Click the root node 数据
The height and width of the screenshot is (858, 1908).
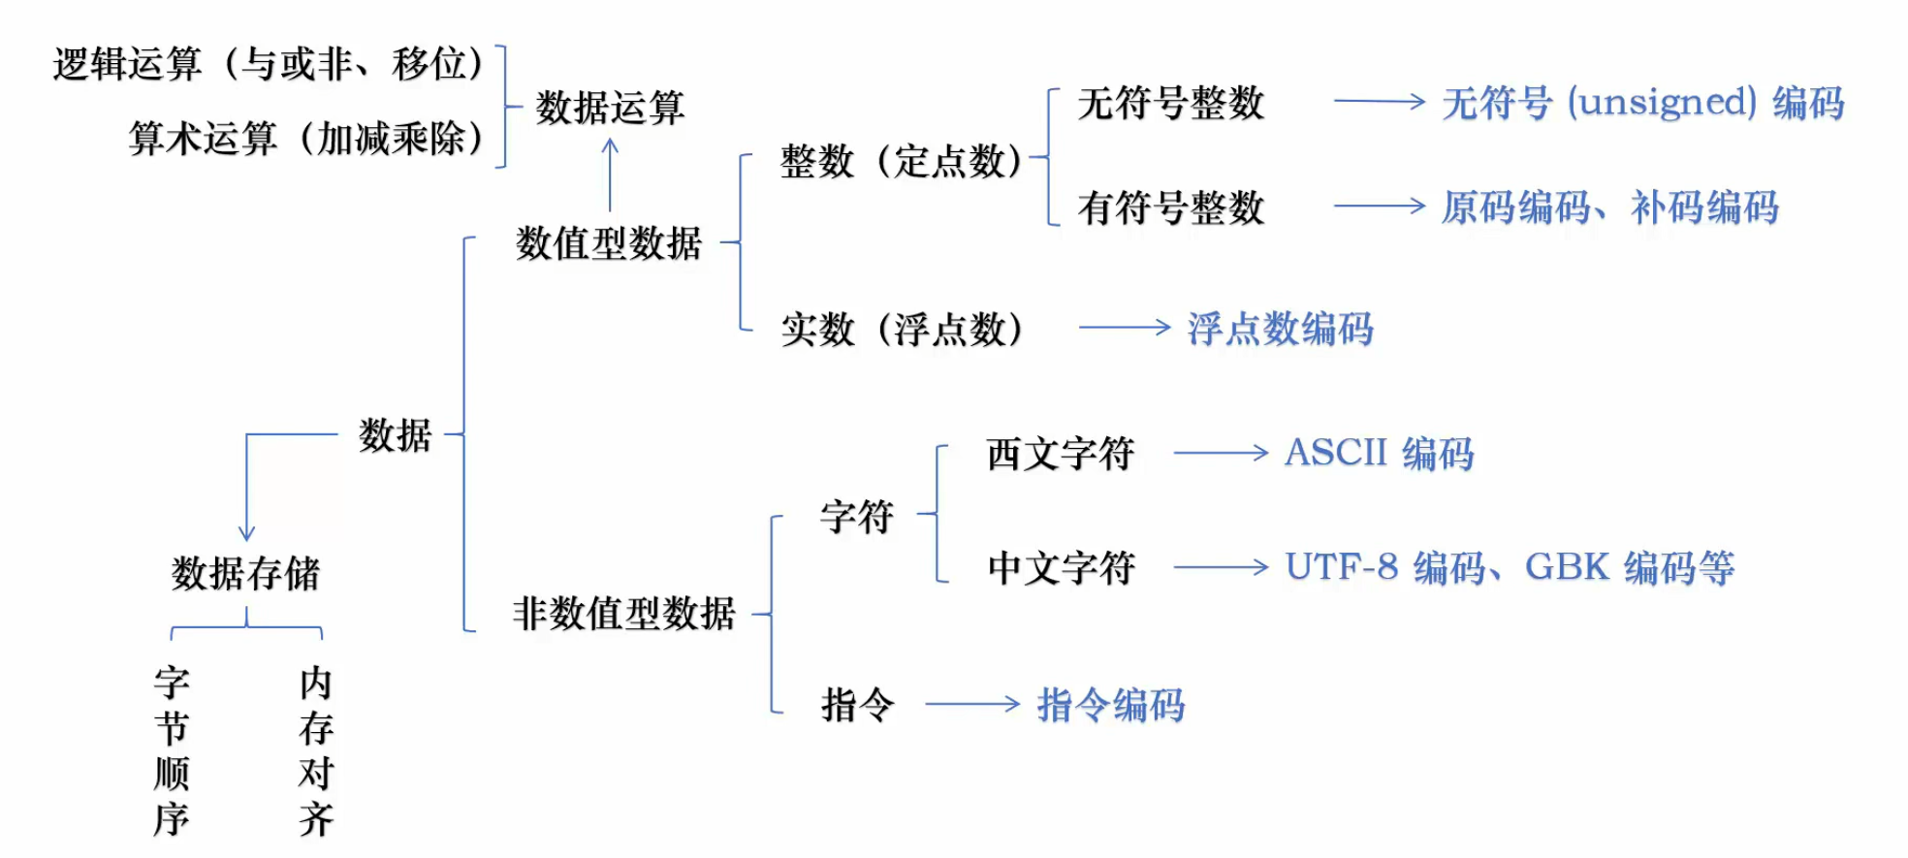click(395, 435)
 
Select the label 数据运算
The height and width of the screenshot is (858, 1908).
click(610, 108)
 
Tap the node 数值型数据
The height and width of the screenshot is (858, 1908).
click(608, 243)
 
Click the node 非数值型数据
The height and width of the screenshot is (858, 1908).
click(623, 614)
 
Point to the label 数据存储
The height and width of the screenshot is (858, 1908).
click(245, 574)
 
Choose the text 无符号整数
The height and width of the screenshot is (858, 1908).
click(1170, 103)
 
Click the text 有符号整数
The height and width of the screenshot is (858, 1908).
click(1170, 207)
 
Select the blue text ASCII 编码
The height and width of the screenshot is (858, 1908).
click(1378, 453)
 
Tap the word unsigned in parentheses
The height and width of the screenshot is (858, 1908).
click(1661, 103)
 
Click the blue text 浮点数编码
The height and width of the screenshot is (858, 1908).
click(1280, 329)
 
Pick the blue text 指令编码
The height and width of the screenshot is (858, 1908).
click(1110, 705)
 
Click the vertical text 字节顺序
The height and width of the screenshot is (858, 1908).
click(172, 751)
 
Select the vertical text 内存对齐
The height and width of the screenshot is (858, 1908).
click(316, 751)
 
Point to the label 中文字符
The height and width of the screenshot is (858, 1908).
click(1061, 568)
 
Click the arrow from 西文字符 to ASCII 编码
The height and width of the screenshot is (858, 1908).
click(1220, 453)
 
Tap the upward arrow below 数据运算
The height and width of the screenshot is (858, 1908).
click(610, 175)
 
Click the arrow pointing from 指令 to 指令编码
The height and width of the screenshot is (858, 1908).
click(971, 705)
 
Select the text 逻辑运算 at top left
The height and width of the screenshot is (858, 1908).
click(127, 65)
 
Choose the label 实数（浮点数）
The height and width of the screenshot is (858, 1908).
click(902, 330)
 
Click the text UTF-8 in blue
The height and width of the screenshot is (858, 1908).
click(1341, 567)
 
